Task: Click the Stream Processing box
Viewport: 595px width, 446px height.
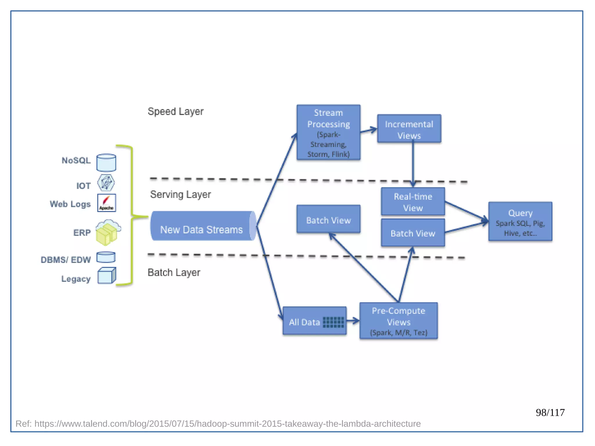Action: [x=328, y=132]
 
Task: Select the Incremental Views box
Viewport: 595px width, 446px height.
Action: [x=409, y=129]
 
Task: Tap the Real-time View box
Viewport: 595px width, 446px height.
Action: [x=413, y=202]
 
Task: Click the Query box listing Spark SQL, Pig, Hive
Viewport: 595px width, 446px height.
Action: [x=520, y=222]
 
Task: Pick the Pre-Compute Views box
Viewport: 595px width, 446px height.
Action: [x=398, y=321]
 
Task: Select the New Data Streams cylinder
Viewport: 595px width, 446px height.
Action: [x=202, y=226]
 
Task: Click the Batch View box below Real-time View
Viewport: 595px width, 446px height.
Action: [x=413, y=233]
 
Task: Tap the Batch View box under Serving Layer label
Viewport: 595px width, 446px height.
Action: [x=328, y=219]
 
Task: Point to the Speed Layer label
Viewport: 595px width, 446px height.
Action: [x=175, y=112]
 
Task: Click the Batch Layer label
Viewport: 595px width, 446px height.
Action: [x=174, y=273]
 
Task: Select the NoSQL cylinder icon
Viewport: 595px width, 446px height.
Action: [x=106, y=163]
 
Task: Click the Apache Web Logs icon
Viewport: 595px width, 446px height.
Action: [x=106, y=203]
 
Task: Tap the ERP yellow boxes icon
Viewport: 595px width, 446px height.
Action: [x=107, y=232]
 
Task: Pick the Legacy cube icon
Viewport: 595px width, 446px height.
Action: [x=106, y=275]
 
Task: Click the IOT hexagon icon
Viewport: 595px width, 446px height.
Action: [x=106, y=183]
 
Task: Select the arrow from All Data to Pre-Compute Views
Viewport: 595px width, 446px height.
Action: [x=353, y=321]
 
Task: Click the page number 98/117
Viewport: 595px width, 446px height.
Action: [x=550, y=413]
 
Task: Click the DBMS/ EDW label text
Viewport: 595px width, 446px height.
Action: [x=66, y=260]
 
